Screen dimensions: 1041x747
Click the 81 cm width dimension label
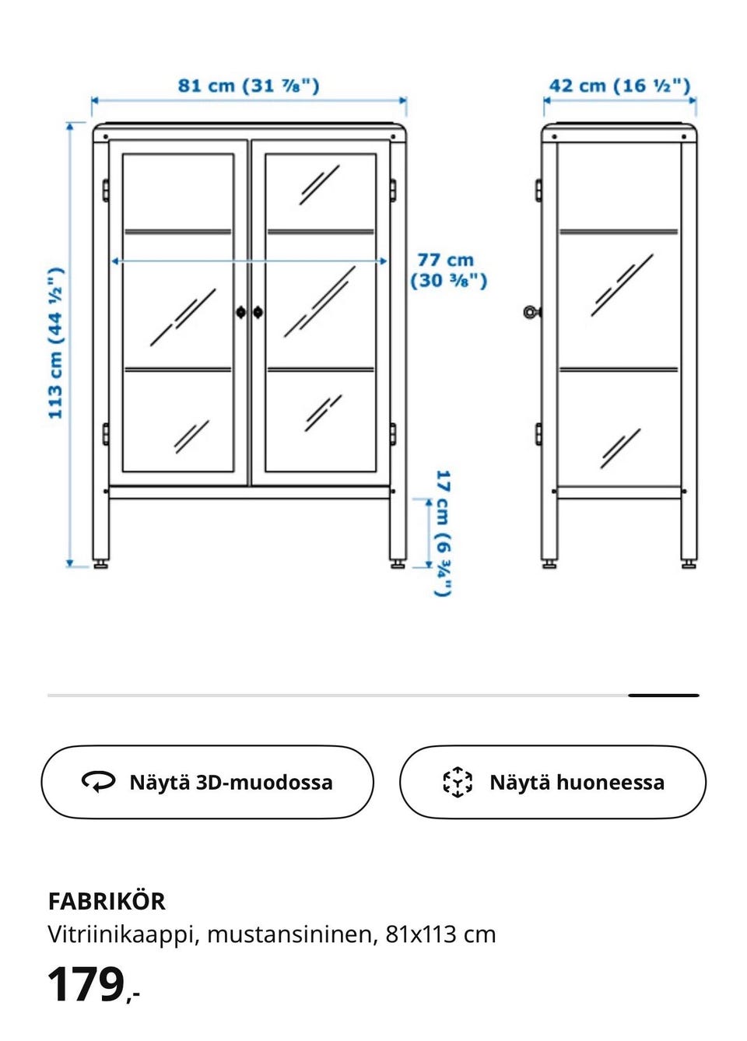click(x=248, y=86)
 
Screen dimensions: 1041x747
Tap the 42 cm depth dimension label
click(x=619, y=86)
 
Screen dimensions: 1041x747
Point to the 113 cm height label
click(x=55, y=343)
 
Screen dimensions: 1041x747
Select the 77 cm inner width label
click(x=448, y=270)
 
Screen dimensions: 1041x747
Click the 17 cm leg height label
click(x=442, y=533)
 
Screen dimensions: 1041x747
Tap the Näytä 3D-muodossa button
click(x=207, y=782)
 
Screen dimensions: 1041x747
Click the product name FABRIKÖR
click(x=107, y=901)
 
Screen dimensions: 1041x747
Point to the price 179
click(x=87, y=985)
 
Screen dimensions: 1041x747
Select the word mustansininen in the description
click(x=292, y=934)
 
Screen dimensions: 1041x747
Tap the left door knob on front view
click(x=240, y=312)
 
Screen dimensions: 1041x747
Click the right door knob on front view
click(x=258, y=312)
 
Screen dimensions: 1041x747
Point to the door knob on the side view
click(x=531, y=312)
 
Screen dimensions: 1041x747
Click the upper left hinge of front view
click(x=105, y=189)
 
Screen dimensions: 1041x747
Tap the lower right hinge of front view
click(x=392, y=433)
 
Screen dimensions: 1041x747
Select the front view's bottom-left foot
click(x=101, y=564)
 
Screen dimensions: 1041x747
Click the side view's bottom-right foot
click(x=689, y=564)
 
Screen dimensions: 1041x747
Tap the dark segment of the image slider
click(x=663, y=695)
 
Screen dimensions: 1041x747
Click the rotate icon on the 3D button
click(x=98, y=781)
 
